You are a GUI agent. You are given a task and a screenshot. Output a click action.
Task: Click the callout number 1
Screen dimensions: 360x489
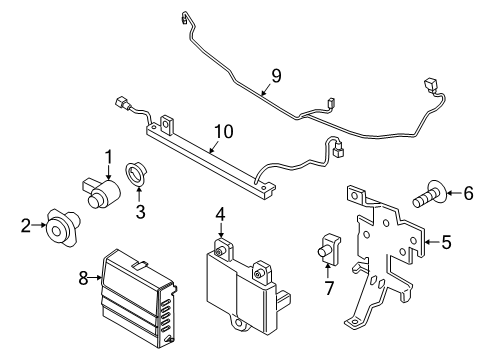(x=107, y=157)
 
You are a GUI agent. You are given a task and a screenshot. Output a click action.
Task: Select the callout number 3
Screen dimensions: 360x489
(x=141, y=211)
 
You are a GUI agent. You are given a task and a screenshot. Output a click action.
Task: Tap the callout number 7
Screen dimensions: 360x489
(x=326, y=290)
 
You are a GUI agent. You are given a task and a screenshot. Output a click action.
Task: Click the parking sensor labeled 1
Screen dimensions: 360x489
(x=96, y=191)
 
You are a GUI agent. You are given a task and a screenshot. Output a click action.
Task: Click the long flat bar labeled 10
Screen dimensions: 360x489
(x=200, y=151)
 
